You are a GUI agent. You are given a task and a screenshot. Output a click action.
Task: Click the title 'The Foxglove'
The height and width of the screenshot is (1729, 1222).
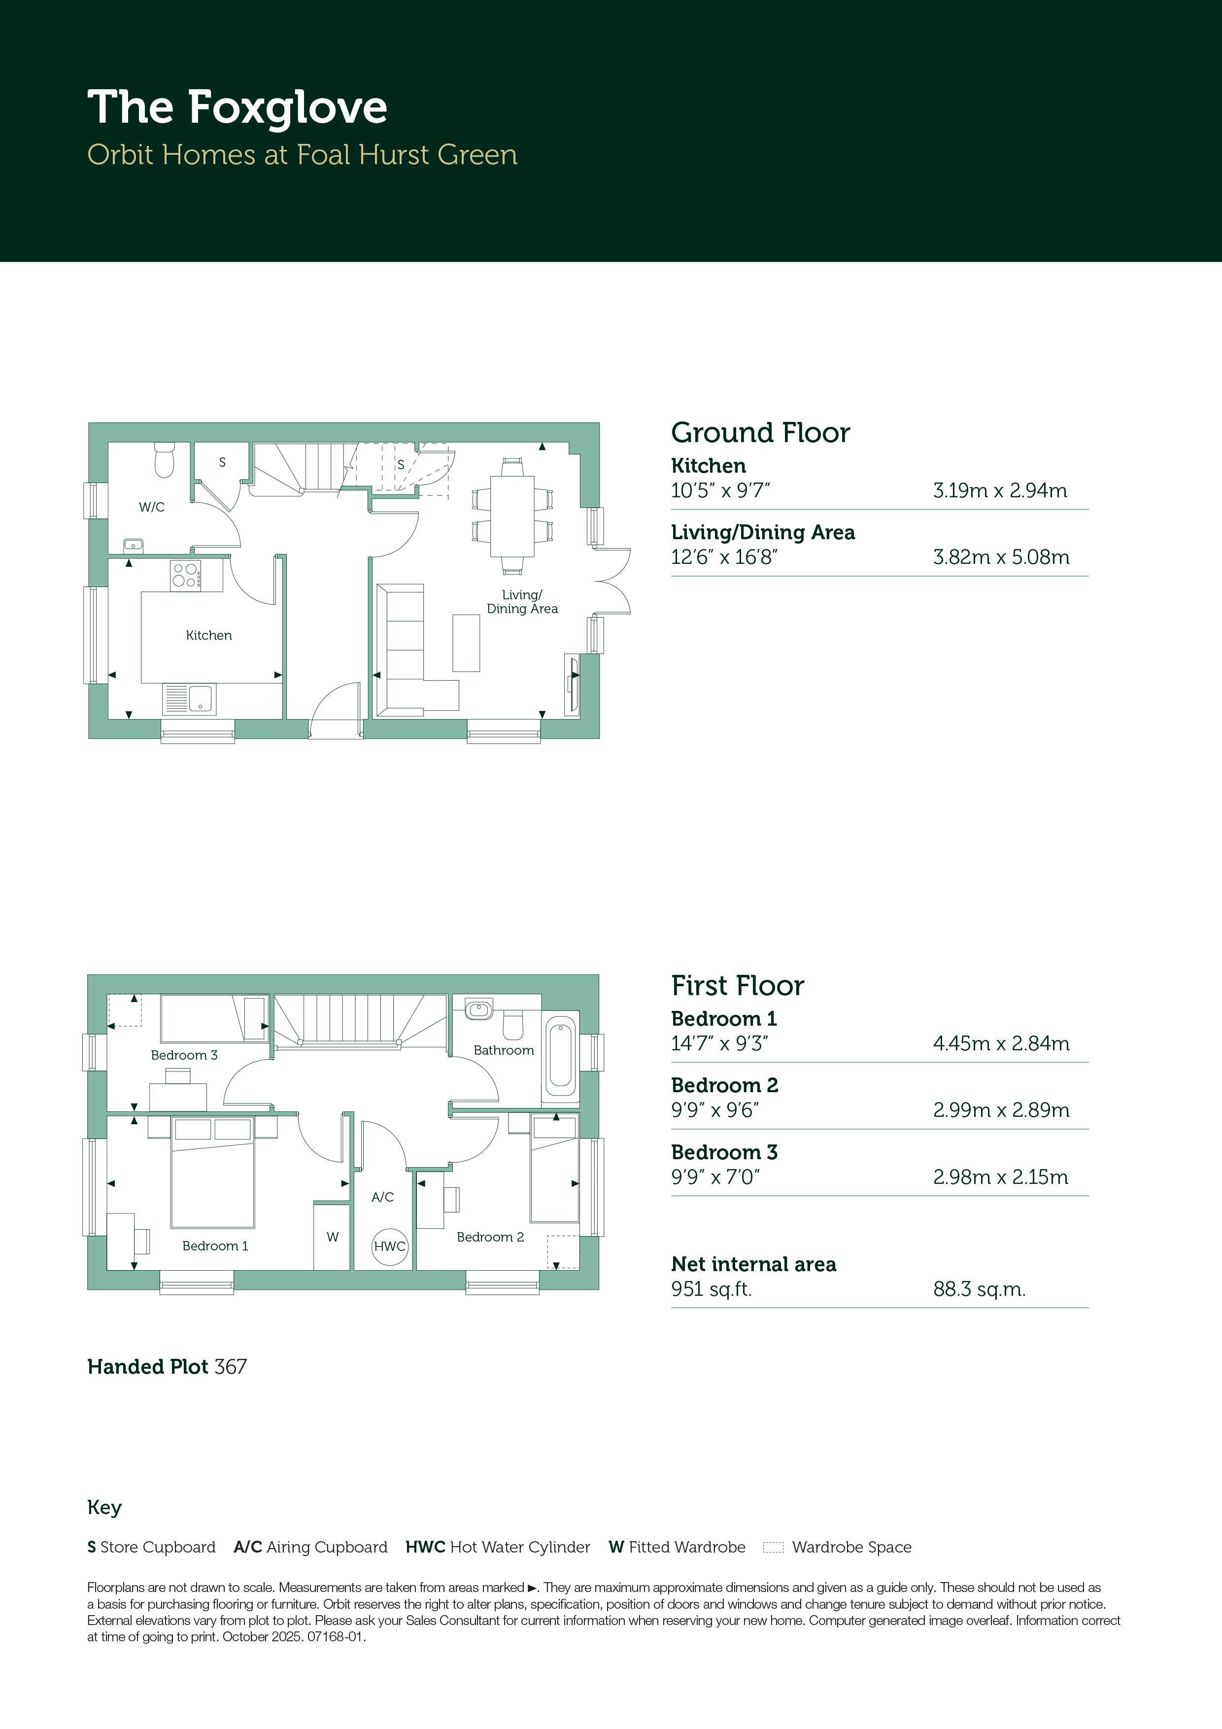237,107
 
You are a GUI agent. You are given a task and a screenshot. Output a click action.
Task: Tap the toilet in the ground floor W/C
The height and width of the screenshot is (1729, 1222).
164,459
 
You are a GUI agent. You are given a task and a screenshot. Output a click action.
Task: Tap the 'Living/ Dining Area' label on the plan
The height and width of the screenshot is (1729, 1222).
522,602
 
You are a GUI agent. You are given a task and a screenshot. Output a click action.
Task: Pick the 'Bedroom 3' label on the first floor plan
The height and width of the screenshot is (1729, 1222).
184,1055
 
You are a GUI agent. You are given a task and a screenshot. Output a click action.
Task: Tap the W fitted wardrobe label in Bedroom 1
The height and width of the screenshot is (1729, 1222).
333,1237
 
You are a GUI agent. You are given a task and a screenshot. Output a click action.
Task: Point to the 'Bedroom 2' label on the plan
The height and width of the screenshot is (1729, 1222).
490,1237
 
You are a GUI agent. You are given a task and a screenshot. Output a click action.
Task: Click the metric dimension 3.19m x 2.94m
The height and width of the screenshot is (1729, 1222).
1000,490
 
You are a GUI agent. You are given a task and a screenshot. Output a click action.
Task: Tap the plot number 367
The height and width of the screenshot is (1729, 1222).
231,1367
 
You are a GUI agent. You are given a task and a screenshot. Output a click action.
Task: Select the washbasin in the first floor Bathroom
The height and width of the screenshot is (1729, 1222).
479,1008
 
